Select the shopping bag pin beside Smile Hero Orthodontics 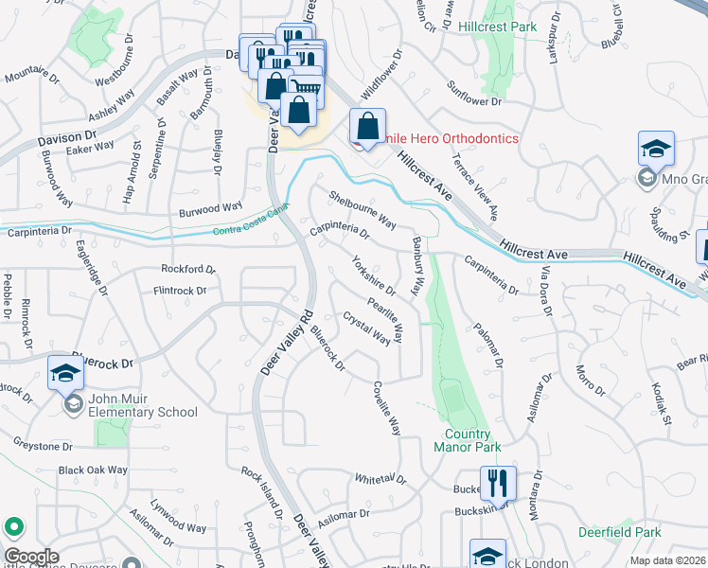tap(367, 128)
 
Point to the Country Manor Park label tap(467, 440)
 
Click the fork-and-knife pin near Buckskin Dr tap(497, 483)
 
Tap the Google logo tap(31, 557)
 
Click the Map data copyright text tap(667, 560)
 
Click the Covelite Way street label tap(386, 407)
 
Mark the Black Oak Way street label tap(92, 470)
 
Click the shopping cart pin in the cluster tap(305, 87)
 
